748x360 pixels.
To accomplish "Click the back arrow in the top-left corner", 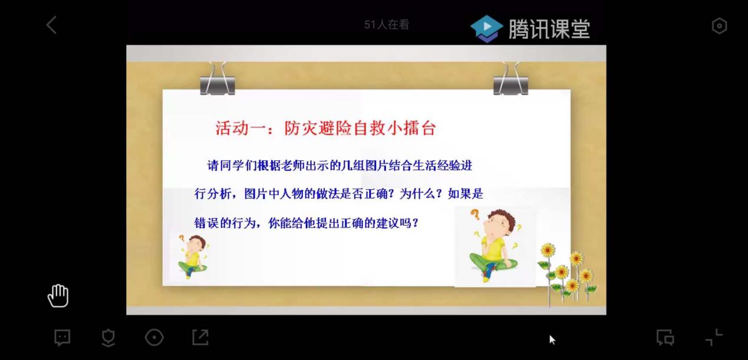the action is (x=51, y=25).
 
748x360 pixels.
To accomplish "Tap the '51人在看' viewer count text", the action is (x=386, y=24).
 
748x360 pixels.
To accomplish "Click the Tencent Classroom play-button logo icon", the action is (x=486, y=29).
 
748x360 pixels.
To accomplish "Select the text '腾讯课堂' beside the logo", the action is (x=549, y=29).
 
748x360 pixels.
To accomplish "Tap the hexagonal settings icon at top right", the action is (x=719, y=26).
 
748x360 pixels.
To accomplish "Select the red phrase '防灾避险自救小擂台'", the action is (x=360, y=128).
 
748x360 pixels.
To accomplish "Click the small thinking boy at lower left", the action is (x=193, y=256).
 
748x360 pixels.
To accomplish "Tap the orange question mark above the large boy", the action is (x=475, y=214).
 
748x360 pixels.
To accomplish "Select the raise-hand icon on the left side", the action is (x=58, y=296).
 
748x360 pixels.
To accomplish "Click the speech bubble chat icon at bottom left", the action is (x=62, y=338).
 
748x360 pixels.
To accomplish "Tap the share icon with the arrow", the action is (x=200, y=337).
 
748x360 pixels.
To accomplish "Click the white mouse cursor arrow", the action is (x=552, y=339).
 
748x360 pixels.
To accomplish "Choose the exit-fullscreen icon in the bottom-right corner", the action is (x=714, y=337).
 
